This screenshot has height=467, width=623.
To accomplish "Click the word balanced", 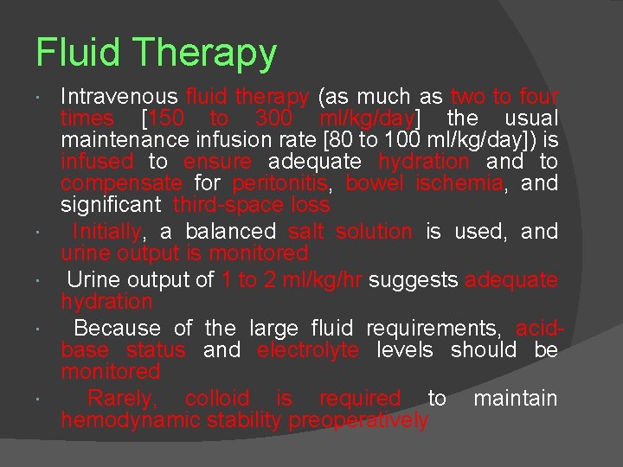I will point(229,232).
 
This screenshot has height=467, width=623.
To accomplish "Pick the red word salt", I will point(305,232).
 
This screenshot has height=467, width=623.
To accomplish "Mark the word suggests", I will point(413,280).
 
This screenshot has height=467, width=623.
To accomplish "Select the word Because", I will point(117,329).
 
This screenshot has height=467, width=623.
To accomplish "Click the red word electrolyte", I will point(308,350).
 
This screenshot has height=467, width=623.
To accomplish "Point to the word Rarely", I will point(123,399).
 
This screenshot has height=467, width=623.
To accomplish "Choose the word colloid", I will point(217,399).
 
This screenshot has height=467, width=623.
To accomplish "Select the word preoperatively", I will point(358,421).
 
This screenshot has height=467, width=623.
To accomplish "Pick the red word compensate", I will point(121,183).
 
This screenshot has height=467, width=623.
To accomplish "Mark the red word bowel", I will point(376,183).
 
